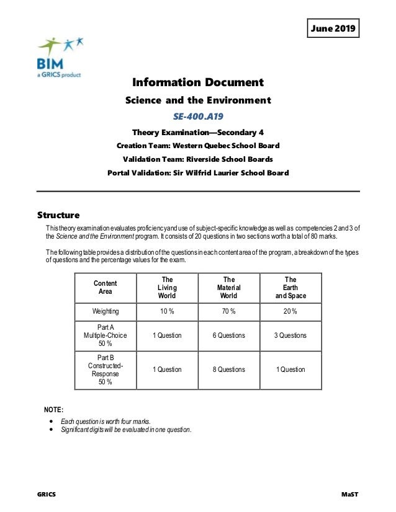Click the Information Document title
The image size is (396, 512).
pyautogui.click(x=199, y=82)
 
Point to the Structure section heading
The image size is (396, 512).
pyautogui.click(x=58, y=216)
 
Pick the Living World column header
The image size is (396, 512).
pyautogui.click(x=167, y=288)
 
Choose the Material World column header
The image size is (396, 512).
pyautogui.click(x=228, y=288)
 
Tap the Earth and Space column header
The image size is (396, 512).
pyautogui.click(x=290, y=288)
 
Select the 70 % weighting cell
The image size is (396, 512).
pyautogui.click(x=228, y=311)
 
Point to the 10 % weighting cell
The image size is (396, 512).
pyautogui.click(x=167, y=311)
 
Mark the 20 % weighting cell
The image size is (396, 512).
pyautogui.click(x=290, y=311)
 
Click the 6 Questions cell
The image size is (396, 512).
pyautogui.click(x=228, y=335)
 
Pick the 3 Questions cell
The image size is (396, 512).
pyautogui.click(x=290, y=335)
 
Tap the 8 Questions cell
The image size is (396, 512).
pyautogui.click(x=228, y=369)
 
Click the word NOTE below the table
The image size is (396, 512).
pyautogui.click(x=53, y=410)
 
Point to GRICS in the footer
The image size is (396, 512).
pyautogui.click(x=46, y=495)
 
